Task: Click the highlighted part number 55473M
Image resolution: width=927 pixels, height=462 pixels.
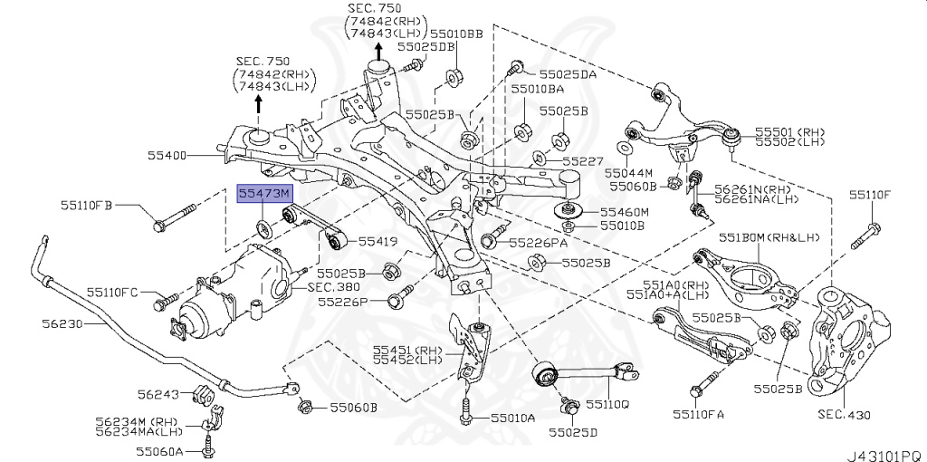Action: (263, 193)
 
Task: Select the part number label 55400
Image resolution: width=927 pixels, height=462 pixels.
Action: (167, 156)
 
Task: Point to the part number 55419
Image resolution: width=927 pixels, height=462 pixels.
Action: (377, 242)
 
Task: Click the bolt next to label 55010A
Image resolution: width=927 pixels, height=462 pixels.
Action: (464, 410)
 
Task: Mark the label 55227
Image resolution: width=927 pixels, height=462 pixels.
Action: (582, 161)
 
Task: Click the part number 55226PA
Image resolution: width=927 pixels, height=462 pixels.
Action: (538, 243)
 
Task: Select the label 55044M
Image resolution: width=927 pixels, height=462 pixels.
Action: (629, 171)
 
